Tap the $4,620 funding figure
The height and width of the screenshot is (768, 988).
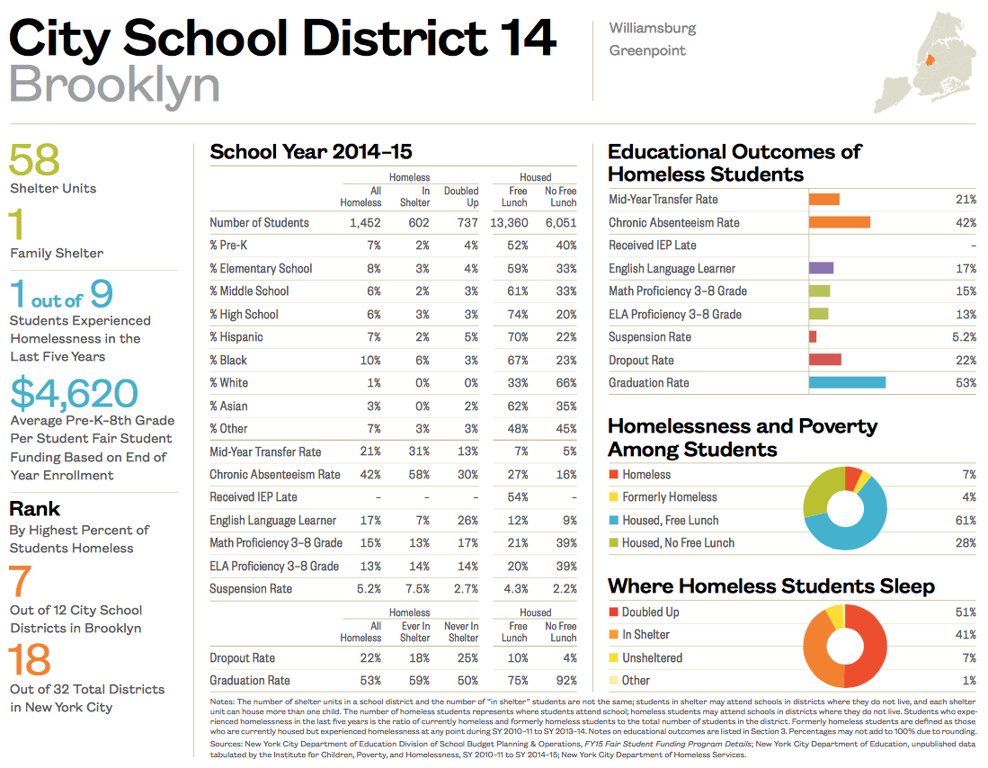click(x=75, y=393)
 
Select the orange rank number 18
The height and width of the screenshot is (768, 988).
click(x=31, y=661)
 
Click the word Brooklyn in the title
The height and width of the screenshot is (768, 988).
click(x=114, y=85)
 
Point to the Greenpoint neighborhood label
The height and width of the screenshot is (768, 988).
click(x=647, y=50)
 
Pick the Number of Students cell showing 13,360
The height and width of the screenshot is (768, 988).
click(x=509, y=222)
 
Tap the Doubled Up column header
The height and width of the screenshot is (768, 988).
click(x=461, y=196)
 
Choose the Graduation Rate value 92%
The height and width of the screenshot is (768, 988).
click(x=564, y=681)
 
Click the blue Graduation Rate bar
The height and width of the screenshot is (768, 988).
click(x=847, y=382)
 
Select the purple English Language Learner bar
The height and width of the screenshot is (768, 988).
click(x=821, y=268)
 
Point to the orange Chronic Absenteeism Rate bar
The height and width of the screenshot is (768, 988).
click(x=839, y=222)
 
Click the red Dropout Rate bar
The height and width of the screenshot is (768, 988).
click(x=824, y=360)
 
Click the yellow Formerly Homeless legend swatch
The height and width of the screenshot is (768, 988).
click(x=613, y=497)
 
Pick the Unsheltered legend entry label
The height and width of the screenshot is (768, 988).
click(x=652, y=657)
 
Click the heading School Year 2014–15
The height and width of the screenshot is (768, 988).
click(x=311, y=151)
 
